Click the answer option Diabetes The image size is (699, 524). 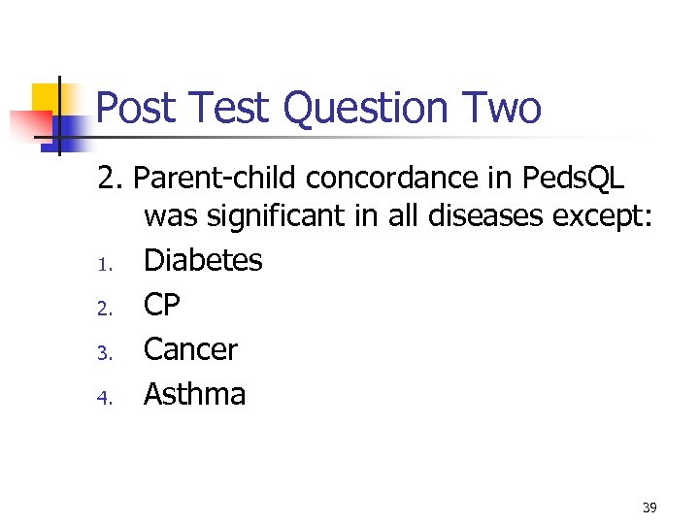pyautogui.click(x=203, y=260)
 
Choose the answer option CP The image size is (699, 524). pyautogui.click(x=162, y=305)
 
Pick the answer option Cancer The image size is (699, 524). pyautogui.click(x=190, y=349)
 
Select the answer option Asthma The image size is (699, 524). pyautogui.click(x=194, y=394)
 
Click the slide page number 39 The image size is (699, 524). pyautogui.click(x=649, y=507)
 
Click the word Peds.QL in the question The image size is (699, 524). pyautogui.click(x=573, y=179)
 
